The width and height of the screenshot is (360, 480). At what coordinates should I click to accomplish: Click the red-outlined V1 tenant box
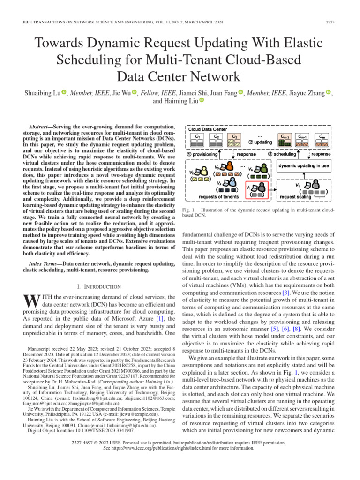point(257,190)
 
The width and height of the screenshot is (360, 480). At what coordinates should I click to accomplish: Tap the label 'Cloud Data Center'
point(208,129)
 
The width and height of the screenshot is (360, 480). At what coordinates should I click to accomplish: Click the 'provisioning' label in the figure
point(204,154)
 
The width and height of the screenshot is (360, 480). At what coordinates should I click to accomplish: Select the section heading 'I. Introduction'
point(98,286)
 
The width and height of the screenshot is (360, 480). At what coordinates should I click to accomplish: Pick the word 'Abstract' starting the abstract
point(40,127)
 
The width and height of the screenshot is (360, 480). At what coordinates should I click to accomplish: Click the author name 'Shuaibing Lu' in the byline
point(41,93)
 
